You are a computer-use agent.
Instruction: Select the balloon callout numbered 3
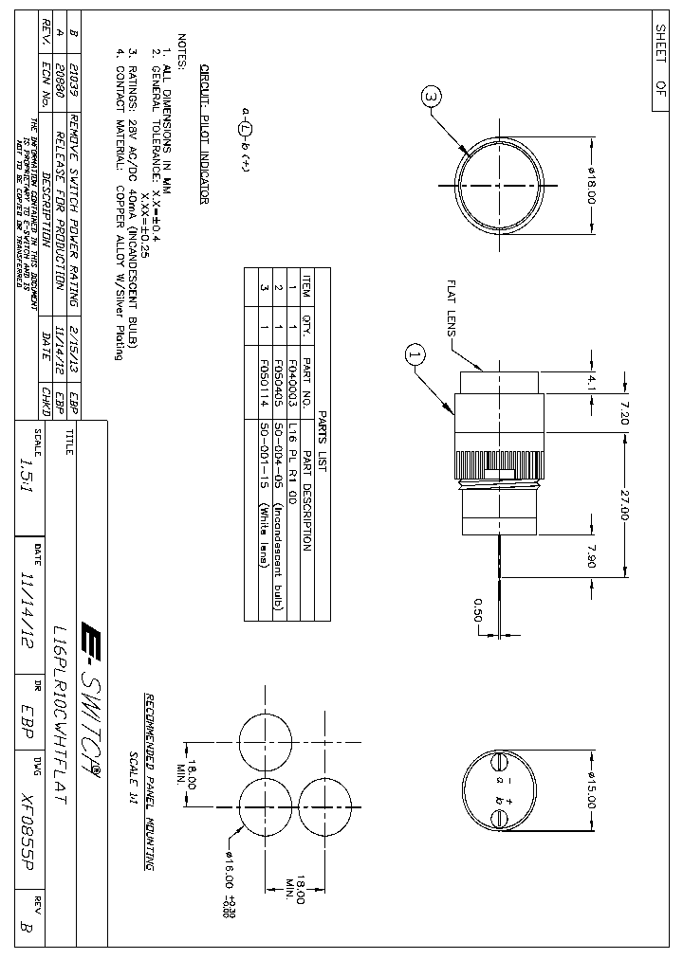(x=431, y=97)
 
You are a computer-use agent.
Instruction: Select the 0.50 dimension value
(x=478, y=606)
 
